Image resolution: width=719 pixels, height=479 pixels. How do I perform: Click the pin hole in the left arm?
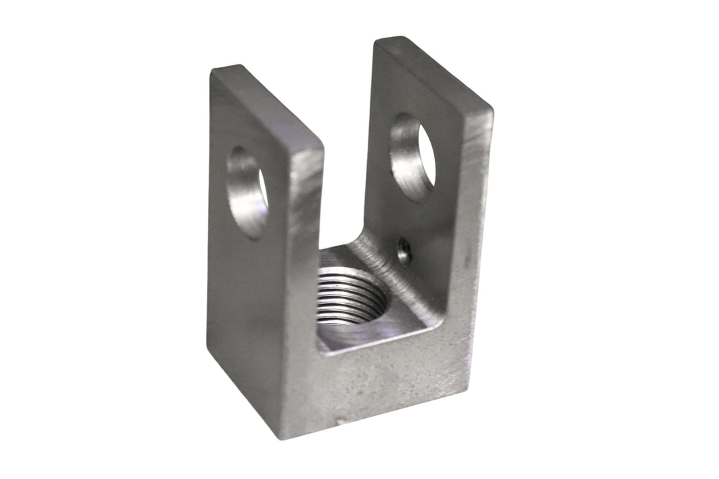[247, 192]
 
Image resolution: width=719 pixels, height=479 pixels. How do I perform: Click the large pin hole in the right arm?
[412, 157]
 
